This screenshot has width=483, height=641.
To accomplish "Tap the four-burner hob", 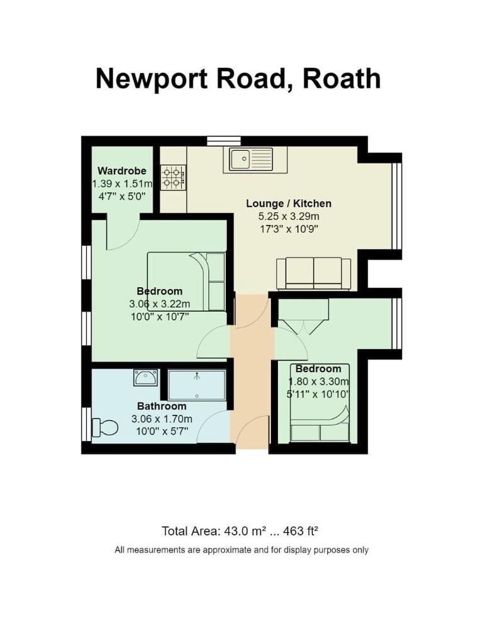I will tap(173, 177).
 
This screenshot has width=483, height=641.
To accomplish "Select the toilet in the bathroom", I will tap(105, 428).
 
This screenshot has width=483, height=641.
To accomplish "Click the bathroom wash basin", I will tap(145, 378).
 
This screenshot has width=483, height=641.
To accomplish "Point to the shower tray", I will tap(197, 385).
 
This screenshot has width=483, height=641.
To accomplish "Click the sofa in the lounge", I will tap(314, 273).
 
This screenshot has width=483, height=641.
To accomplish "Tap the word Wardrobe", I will tap(122, 171).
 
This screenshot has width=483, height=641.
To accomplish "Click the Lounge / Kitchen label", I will tap(289, 204).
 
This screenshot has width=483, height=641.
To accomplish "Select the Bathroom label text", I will tap(162, 406).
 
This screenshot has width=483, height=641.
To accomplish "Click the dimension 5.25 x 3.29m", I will tap(289, 216).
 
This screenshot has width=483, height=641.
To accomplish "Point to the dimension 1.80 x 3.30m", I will tap(319, 381).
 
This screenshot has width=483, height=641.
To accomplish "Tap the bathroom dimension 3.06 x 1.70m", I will tap(162, 419).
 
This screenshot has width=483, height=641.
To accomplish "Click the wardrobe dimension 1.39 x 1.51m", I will tap(122, 184).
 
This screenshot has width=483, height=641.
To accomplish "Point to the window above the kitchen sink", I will tap(225, 141).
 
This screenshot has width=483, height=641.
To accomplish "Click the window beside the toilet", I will tap(86, 424).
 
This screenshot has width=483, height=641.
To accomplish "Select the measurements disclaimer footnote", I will tap(241, 550).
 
